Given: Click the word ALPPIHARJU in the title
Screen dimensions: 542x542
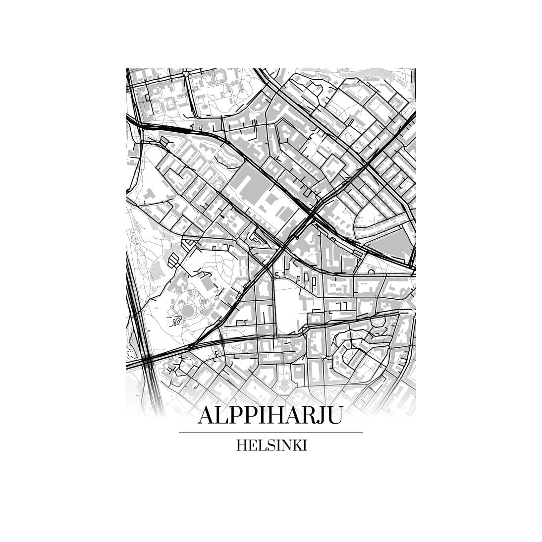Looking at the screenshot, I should coord(271,416).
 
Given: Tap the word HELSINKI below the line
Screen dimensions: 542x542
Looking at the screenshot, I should coord(271,445).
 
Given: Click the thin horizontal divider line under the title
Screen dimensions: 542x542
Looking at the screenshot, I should coord(271,432).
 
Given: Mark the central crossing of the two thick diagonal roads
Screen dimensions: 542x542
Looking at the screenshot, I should coord(312,215).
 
